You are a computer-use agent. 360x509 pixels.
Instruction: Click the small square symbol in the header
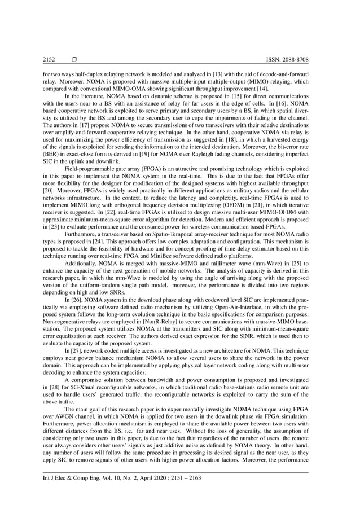click(x=74, y=59)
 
